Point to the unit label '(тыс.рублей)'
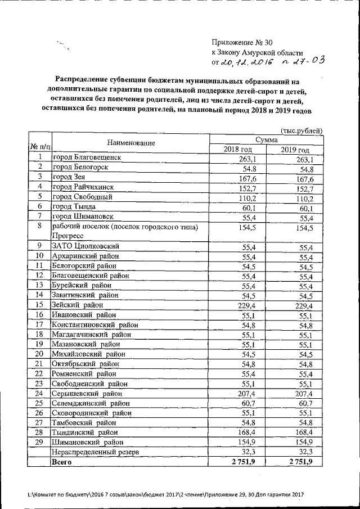click(301, 131)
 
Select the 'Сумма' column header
click(266, 139)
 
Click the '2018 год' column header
click(238, 149)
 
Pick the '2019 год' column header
click(295, 150)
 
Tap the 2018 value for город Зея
click(246, 178)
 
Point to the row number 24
click(39, 393)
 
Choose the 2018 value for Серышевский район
click(246, 394)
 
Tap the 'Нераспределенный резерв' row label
click(94, 452)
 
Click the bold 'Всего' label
click(62, 462)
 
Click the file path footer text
click(165, 494)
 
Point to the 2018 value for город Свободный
click(246, 198)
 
